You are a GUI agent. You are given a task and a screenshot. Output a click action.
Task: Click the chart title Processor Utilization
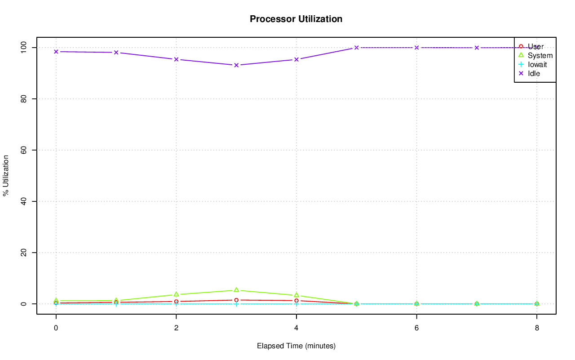pyautogui.click(x=296, y=19)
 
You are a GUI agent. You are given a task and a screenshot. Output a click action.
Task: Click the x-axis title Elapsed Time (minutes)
pyautogui.click(x=296, y=346)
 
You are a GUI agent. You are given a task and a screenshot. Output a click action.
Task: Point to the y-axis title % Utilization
pyautogui.click(x=6, y=175)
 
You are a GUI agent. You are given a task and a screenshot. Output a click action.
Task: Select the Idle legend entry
pyautogui.click(x=534, y=73)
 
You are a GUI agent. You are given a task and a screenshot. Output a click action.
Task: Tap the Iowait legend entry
pyautogui.click(x=537, y=64)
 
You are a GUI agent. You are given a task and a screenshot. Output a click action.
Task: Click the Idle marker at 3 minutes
pyautogui.click(x=236, y=65)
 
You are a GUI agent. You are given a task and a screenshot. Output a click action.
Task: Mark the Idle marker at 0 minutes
pyautogui.click(x=56, y=52)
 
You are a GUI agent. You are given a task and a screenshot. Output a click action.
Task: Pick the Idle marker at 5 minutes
pyautogui.click(x=357, y=48)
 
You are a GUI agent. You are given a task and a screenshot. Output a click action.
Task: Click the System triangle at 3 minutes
pyautogui.click(x=236, y=290)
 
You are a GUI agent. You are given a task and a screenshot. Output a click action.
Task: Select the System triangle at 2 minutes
pyautogui.click(x=176, y=294)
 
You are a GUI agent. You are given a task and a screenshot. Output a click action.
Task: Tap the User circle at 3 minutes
pyautogui.click(x=236, y=300)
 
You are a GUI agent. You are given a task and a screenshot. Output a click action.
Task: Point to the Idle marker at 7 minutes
pyautogui.click(x=477, y=48)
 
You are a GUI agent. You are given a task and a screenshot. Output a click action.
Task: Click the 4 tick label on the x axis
pyautogui.click(x=296, y=328)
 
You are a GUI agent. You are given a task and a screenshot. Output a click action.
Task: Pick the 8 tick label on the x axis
pyautogui.click(x=537, y=328)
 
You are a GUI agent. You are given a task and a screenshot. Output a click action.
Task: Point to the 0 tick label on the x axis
pyautogui.click(x=56, y=328)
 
